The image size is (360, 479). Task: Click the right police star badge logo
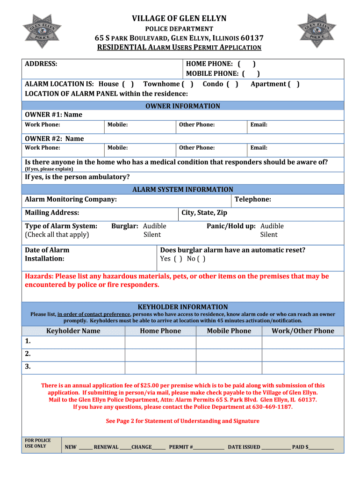[318, 31]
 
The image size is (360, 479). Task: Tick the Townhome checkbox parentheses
[187, 84]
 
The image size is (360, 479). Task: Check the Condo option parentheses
[232, 84]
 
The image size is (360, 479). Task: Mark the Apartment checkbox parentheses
[294, 84]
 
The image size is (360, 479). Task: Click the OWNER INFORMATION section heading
[182, 106]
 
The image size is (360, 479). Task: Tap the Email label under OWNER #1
[259, 125]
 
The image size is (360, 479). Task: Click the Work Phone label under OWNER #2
[43, 148]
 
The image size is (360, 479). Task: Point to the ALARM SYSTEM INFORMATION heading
[182, 189]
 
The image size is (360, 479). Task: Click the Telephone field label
[252, 200]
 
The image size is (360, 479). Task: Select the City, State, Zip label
[204, 213]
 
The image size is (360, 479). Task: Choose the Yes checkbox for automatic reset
[178, 259]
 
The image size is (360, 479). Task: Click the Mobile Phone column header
[229, 331]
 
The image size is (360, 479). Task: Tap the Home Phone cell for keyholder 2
[160, 354]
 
